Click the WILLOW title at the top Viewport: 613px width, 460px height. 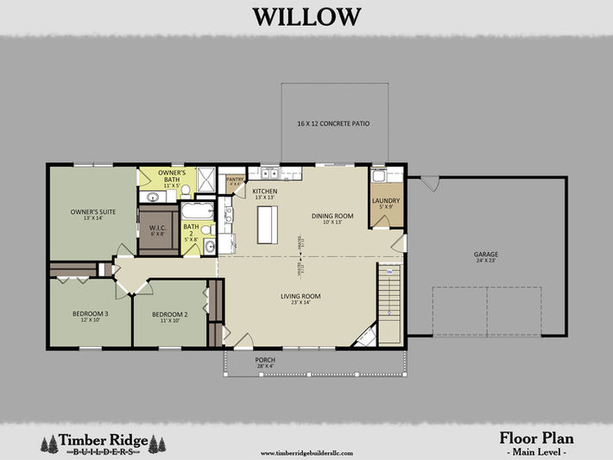pyautogui.click(x=306, y=16)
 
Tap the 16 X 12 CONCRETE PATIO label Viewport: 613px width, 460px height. pyautogui.click(x=333, y=124)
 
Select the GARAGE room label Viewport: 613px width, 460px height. pyautogui.click(x=485, y=255)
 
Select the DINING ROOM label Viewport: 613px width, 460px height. pyautogui.click(x=332, y=217)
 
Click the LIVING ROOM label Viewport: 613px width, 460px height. pyautogui.click(x=301, y=299)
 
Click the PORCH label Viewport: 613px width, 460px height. pyautogui.click(x=266, y=362)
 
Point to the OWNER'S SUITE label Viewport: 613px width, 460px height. pyautogui.click(x=93, y=213)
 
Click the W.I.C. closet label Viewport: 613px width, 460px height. pyautogui.click(x=158, y=230)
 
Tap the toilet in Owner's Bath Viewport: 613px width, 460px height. pyautogui.click(x=185, y=189)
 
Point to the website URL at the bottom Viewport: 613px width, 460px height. pyautogui.click(x=306, y=451)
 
